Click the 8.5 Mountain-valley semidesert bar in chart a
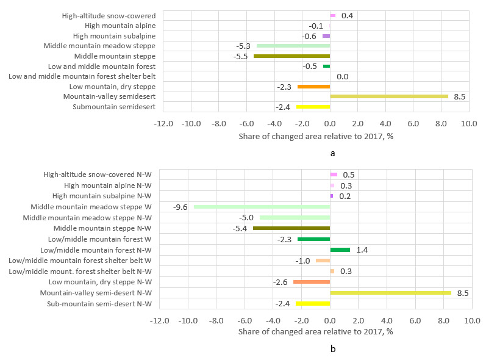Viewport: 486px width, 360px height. pos(389,96)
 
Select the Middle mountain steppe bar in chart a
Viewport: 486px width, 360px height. pos(291,56)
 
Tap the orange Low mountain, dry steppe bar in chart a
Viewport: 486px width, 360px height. pos(313,87)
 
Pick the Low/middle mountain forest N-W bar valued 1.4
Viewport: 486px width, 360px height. pos(340,250)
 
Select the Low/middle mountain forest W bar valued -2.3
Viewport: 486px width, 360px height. pos(313,239)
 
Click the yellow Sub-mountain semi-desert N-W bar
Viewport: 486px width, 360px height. pos(313,303)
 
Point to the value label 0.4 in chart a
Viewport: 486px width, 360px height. pos(347,16)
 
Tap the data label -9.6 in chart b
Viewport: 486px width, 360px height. pos(180,207)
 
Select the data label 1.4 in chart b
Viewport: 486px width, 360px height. pos(363,250)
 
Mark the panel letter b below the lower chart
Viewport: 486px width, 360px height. pos(332,349)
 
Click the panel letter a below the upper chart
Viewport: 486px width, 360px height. pos(332,153)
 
